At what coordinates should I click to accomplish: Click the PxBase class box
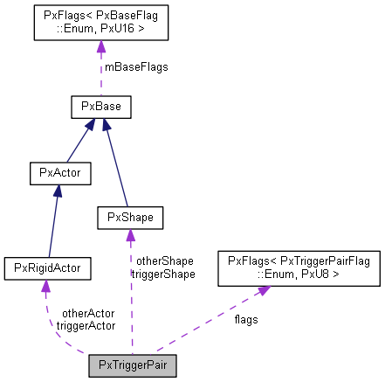pos(100,107)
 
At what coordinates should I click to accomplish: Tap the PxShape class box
pos(130,215)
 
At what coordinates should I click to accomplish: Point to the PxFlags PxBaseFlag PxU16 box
pos(100,22)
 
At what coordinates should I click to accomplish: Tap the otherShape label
pos(164,260)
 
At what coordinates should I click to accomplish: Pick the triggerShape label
pos(162,274)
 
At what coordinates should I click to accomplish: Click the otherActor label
pos(87,312)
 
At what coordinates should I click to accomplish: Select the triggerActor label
pos(86,325)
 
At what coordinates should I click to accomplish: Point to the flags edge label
pos(245,319)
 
